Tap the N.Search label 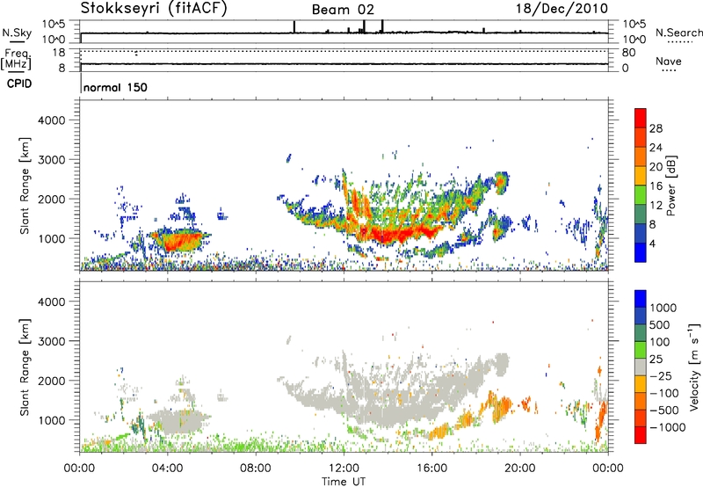coord(678,32)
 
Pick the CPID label coord(23,84)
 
